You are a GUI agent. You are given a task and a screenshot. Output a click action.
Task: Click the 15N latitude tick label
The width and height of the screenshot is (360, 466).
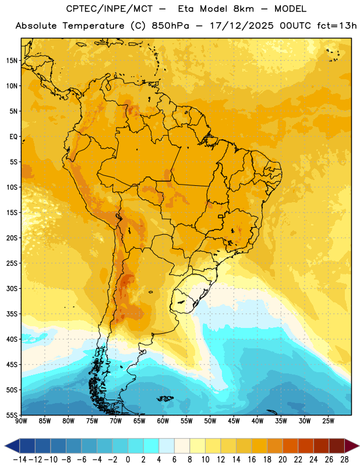coord(12,61)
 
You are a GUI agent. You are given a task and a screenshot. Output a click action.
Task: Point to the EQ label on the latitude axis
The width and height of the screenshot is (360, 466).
coord(13,137)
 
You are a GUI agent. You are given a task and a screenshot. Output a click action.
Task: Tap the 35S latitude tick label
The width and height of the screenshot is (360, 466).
coord(12,314)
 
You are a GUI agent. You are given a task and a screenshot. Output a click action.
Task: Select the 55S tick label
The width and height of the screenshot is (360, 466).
coord(12,415)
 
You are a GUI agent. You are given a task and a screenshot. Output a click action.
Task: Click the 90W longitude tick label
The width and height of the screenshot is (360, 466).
coord(22,421)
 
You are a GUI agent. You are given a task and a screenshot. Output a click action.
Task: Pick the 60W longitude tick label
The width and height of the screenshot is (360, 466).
coord(163,421)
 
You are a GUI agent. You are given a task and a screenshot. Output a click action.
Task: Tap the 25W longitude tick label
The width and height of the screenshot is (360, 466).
coord(328,421)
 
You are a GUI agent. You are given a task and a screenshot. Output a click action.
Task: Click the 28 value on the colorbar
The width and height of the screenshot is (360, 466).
coord(344,460)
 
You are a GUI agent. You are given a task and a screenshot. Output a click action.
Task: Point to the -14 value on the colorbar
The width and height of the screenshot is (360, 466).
coord(20,460)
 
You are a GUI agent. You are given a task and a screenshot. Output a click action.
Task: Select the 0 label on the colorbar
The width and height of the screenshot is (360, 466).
coord(128,460)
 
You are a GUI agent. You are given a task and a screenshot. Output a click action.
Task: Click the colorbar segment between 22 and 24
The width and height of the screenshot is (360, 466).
coord(306,446)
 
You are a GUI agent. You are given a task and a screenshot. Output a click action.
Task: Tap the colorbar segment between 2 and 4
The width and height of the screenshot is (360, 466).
coord(151,446)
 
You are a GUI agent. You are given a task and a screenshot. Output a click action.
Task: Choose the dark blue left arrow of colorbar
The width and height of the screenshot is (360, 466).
coord(12,446)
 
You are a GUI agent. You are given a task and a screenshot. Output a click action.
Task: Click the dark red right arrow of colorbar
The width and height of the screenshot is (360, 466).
coord(352,446)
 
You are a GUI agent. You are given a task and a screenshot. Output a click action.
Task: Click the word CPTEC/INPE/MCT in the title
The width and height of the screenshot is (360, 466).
coord(110,9)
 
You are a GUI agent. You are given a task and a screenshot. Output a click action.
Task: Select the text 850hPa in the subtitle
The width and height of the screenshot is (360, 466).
coord(170,26)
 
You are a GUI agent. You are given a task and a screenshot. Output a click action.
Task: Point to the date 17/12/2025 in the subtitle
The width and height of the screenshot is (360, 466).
coord(242,26)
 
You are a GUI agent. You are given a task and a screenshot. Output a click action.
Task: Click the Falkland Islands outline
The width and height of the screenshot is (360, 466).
coord(165,398)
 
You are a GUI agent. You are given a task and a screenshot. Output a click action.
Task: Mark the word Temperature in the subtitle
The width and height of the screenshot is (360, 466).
coord(93,26)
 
